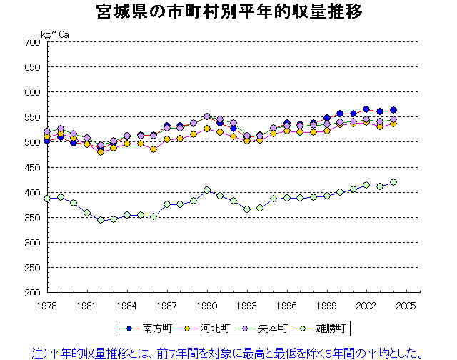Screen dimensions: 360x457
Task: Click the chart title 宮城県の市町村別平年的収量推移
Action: coord(228,12)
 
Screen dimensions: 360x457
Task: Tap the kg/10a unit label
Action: coord(54,34)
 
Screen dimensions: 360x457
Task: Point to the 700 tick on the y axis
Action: coord(32,42)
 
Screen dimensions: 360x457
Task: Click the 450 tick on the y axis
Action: coord(32,167)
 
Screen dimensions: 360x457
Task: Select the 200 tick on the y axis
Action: coord(32,293)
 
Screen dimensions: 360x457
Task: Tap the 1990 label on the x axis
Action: coord(207,305)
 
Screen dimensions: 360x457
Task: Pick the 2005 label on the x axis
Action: coord(407,305)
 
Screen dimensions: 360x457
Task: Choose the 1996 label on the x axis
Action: coord(287,305)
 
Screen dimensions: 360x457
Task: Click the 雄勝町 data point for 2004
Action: coord(393,182)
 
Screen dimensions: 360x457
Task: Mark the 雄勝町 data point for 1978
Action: coord(47,199)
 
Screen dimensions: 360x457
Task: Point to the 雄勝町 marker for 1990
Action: coord(207,190)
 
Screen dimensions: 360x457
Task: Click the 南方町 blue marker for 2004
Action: coord(393,110)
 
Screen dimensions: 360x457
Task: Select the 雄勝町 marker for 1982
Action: coord(101,220)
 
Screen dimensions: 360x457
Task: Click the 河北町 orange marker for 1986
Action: coord(154,149)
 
